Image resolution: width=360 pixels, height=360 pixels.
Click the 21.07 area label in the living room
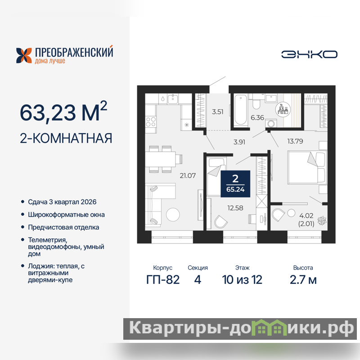click(x=188, y=175)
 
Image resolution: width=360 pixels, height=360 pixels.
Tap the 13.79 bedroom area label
click(x=295, y=141)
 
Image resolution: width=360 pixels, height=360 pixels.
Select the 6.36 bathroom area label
click(x=257, y=118)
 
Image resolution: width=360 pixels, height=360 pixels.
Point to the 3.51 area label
click(x=218, y=112)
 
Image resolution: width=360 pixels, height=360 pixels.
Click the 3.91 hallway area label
click(x=239, y=142)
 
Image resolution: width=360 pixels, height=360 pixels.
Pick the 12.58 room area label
click(x=235, y=208)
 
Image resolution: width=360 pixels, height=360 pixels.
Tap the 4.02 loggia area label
click(x=306, y=216)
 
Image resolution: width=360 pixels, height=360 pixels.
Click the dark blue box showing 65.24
click(x=235, y=184)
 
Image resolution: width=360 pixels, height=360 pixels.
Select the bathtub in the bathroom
click(x=241, y=110)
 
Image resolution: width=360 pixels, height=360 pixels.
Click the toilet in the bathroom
click(x=256, y=102)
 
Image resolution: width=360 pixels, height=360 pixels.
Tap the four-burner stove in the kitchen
click(x=151, y=121)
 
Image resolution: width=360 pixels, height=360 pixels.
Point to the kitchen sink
click(x=172, y=99)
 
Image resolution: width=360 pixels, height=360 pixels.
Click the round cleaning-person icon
click(x=283, y=109)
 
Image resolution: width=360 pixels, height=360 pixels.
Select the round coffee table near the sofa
click(x=173, y=215)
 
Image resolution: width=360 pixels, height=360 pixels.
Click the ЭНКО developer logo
click(x=309, y=54)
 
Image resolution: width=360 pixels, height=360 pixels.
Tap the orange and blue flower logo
click(x=24, y=55)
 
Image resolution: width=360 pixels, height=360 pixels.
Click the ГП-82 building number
click(x=163, y=279)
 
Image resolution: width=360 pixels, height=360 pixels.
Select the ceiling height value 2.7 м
click(x=303, y=279)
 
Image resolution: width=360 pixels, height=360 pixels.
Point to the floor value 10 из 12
click(x=242, y=279)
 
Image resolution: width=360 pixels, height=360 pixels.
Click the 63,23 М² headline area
click(x=63, y=111)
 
